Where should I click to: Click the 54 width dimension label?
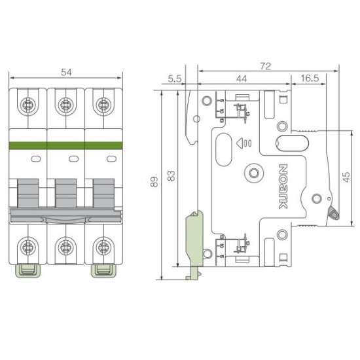click(x=66, y=72)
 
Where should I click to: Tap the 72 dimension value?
click(x=265, y=66)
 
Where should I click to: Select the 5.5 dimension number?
click(x=175, y=79)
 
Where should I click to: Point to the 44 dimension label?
click(x=242, y=79)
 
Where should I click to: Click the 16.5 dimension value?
click(x=310, y=79)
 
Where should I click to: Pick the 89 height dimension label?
click(x=154, y=181)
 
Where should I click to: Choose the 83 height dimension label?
click(x=171, y=175)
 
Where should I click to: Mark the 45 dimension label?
click(x=347, y=177)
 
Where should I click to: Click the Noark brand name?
click(x=283, y=187)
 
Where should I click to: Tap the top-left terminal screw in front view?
click(x=28, y=105)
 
